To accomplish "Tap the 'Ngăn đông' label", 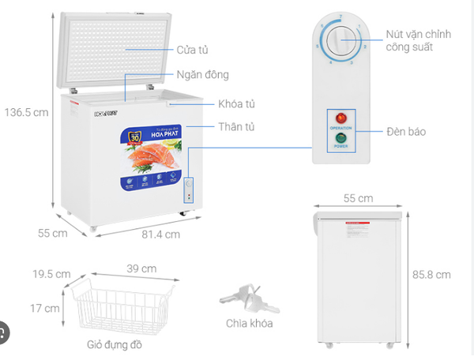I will [202, 75].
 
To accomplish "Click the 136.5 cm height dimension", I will [22, 112].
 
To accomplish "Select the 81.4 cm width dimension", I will [161, 234].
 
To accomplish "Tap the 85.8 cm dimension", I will [432, 275].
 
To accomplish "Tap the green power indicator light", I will [341, 139].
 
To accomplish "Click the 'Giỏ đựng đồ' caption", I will [115, 345].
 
